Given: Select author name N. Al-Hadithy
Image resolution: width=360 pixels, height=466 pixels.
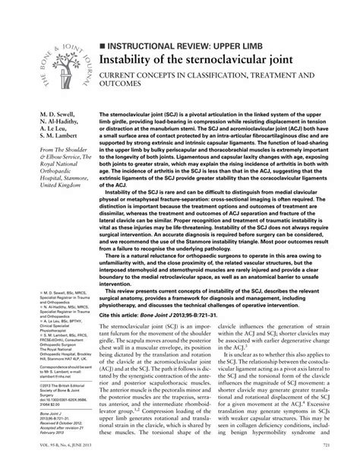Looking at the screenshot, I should [36, 123].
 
